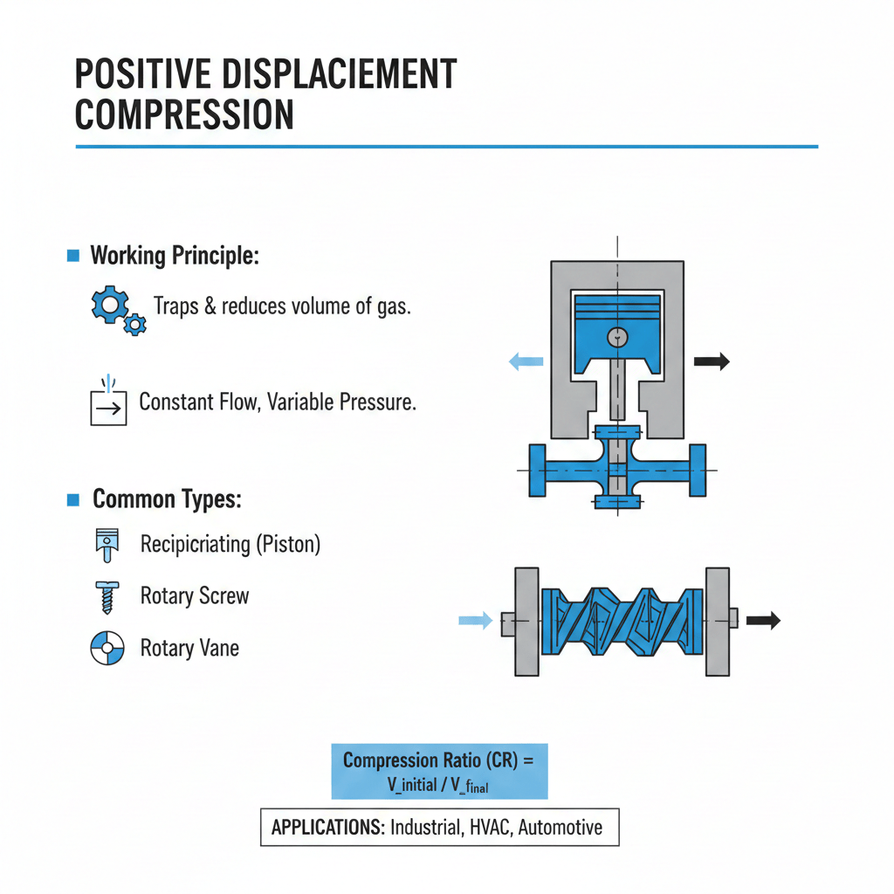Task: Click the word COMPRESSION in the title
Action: pos(184,115)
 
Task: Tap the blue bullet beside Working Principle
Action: pos(73,256)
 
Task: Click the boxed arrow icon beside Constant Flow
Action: pos(108,406)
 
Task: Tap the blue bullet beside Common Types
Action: pos(73,499)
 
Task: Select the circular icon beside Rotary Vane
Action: pos(106,649)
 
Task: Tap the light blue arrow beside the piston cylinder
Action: pos(526,361)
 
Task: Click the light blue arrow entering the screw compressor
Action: pos(477,621)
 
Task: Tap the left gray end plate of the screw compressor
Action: pos(527,621)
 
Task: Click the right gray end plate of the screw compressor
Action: pos(717,621)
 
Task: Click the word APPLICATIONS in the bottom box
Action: pos(327,827)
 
